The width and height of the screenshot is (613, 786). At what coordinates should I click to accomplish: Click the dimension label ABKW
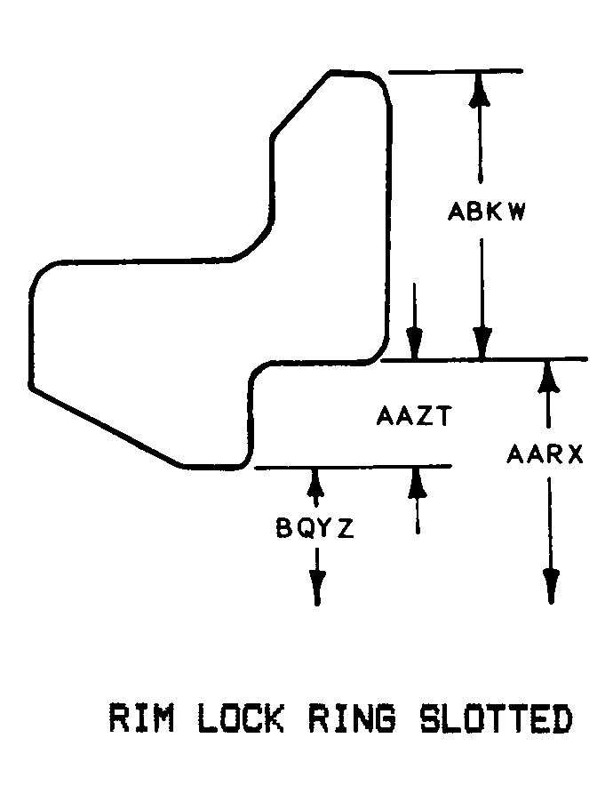(x=486, y=212)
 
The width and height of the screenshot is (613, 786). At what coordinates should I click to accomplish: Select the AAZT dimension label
(x=414, y=416)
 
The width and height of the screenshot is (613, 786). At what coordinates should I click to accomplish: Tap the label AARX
(x=545, y=454)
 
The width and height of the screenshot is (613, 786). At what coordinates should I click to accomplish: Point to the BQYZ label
(x=315, y=528)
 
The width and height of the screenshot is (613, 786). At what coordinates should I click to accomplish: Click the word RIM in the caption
(x=142, y=718)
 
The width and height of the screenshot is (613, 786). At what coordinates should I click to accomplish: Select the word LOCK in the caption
(x=241, y=718)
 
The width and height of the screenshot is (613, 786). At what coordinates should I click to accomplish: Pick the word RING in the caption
(x=352, y=718)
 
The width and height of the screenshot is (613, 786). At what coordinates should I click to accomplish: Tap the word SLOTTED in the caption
(x=496, y=718)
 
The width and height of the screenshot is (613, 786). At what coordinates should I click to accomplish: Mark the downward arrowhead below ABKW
(x=482, y=343)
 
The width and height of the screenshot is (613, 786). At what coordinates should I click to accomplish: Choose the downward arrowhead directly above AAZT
(x=414, y=343)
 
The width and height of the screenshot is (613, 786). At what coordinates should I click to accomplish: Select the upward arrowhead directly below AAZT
(x=417, y=483)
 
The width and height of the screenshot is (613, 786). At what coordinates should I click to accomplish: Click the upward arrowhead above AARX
(x=548, y=376)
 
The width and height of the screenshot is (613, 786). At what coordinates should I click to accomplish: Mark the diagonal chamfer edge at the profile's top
(x=300, y=104)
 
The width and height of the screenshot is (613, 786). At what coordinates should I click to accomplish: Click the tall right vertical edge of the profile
(x=387, y=221)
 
